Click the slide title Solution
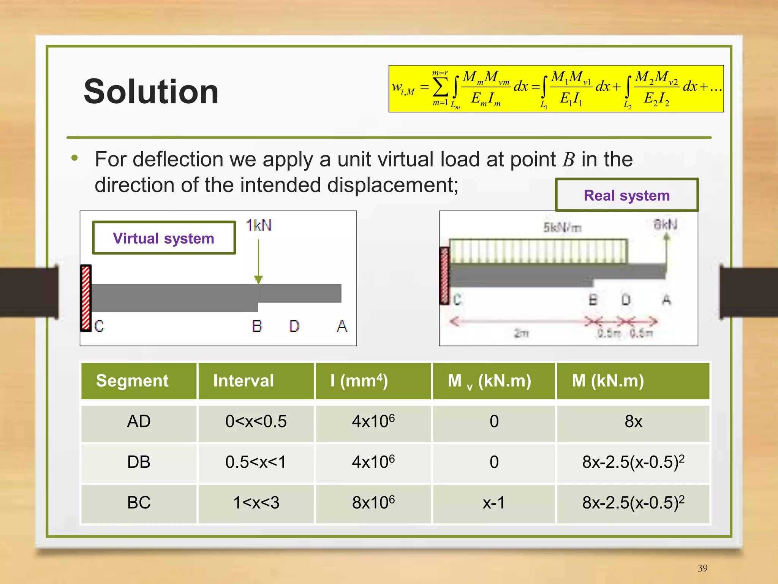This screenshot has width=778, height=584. [x=151, y=92]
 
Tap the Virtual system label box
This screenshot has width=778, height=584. [x=164, y=238]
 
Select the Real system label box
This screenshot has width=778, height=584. [x=626, y=195]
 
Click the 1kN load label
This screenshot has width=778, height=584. [x=259, y=225]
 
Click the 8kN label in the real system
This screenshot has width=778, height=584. [x=665, y=224]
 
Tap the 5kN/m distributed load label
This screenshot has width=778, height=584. [x=562, y=228]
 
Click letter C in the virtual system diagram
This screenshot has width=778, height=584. [x=99, y=326]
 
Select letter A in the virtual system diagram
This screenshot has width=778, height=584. [x=342, y=326]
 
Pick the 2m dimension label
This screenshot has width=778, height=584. [x=521, y=333]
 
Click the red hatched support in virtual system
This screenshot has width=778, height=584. [x=86, y=298]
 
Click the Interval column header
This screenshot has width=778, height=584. [x=244, y=381]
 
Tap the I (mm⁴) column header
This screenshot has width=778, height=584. [x=359, y=381]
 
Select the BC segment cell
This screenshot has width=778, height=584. [x=139, y=503]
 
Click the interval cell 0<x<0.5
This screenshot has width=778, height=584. [x=256, y=421]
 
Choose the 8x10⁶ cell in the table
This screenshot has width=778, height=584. [x=373, y=503]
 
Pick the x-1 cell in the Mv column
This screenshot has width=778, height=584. [x=493, y=503]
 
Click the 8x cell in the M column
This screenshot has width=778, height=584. [x=633, y=421]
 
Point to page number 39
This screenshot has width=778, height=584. [x=702, y=568]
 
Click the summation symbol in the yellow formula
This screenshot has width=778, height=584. [x=440, y=88]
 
